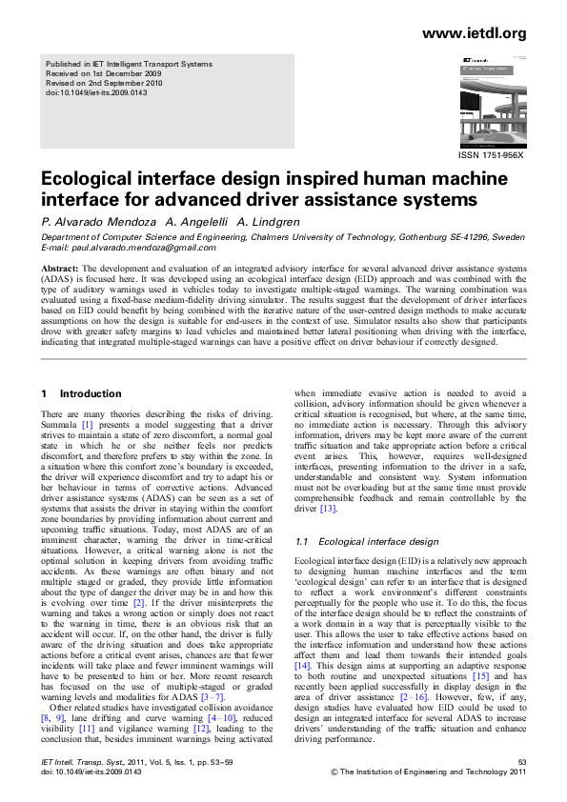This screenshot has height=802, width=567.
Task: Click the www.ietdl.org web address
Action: coord(473,34)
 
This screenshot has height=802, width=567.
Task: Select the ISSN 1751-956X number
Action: coord(492,154)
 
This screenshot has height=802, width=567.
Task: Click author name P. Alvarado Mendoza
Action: coord(95,221)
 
